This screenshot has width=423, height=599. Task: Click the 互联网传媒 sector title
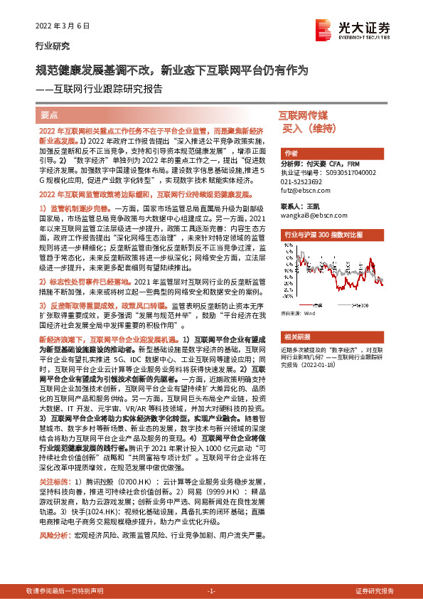click(304, 115)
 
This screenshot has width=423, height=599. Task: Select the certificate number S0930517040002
click(350, 172)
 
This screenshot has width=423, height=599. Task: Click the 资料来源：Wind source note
click(299, 292)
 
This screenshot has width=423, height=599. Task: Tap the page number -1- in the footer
click(211, 591)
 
